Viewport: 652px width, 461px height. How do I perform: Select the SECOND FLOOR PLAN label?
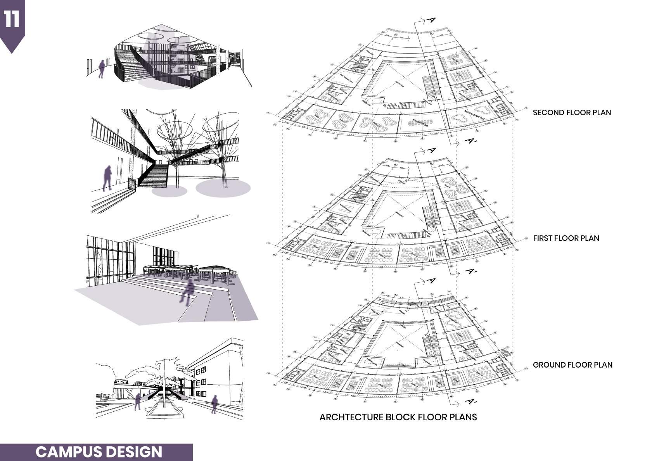click(572, 113)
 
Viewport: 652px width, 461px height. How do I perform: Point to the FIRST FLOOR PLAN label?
click(566, 238)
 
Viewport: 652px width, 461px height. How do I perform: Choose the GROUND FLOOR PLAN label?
click(572, 365)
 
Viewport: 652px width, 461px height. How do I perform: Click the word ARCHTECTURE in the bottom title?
click(351, 417)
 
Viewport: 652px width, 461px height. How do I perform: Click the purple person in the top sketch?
click(102, 69)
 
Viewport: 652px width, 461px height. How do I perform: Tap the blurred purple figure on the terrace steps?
click(189, 292)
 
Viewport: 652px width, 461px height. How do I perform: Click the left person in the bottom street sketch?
click(137, 401)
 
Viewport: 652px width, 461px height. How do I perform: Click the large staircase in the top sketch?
click(134, 64)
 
